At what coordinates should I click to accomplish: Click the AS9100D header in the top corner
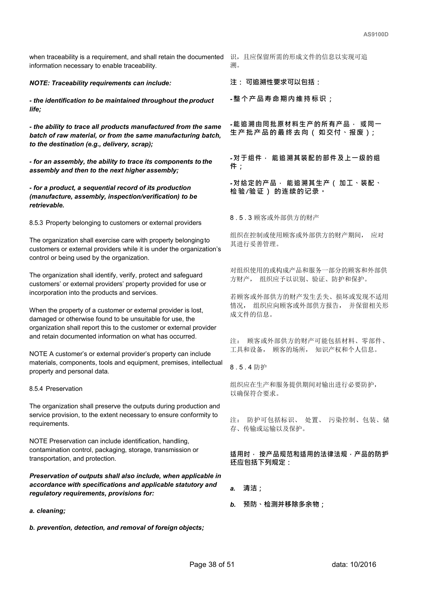tap(376, 35)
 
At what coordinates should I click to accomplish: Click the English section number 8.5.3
tap(36, 223)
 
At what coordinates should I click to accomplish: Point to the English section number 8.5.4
tap(36, 389)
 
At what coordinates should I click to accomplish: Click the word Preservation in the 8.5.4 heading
tap(64, 389)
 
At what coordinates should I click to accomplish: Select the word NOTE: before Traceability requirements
tap(39, 83)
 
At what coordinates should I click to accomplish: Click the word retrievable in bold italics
tap(47, 205)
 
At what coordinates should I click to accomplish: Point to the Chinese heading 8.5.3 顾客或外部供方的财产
tap(275, 218)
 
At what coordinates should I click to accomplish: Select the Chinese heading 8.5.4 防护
tap(248, 367)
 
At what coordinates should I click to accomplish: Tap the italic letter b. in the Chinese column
tap(233, 505)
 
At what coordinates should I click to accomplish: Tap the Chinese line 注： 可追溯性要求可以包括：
tap(275, 82)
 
